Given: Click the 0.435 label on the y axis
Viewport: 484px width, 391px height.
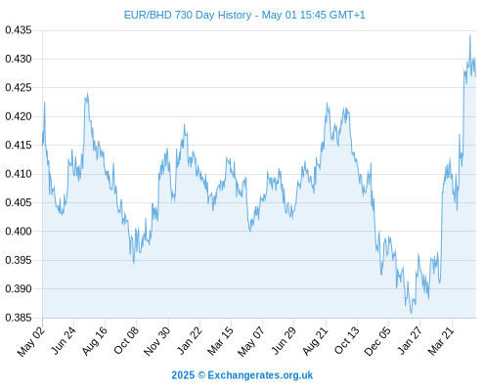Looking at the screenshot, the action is click(19, 30).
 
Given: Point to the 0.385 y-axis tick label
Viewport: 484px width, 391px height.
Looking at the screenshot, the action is click(19, 318).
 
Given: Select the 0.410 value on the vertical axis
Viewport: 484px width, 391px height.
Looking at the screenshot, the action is click(19, 174).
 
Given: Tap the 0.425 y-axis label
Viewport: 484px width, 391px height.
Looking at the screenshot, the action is click(19, 88).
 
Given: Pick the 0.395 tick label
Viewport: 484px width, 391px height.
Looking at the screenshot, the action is click(19, 260).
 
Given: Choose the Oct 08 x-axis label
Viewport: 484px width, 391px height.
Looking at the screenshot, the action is click(125, 340).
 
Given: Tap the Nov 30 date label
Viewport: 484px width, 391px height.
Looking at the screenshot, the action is click(156, 341).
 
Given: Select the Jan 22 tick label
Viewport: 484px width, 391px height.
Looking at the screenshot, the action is click(189, 340).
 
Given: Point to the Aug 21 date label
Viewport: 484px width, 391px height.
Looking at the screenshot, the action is click(315, 340).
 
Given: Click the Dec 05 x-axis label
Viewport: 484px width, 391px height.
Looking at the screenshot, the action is click(377, 341).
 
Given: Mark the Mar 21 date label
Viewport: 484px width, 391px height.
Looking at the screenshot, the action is click(441, 340).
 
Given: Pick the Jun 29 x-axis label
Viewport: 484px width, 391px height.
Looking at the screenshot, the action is click(284, 340).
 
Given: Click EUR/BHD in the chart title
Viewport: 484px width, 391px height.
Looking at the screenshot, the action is click(148, 15).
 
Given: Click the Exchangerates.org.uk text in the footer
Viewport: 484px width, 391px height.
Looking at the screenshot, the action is click(260, 375).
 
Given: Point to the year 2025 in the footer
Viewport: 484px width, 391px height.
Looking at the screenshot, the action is click(183, 375).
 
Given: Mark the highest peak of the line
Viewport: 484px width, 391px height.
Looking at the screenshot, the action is click(470, 35).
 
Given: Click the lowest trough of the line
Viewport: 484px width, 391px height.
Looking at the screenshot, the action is click(412, 314).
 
